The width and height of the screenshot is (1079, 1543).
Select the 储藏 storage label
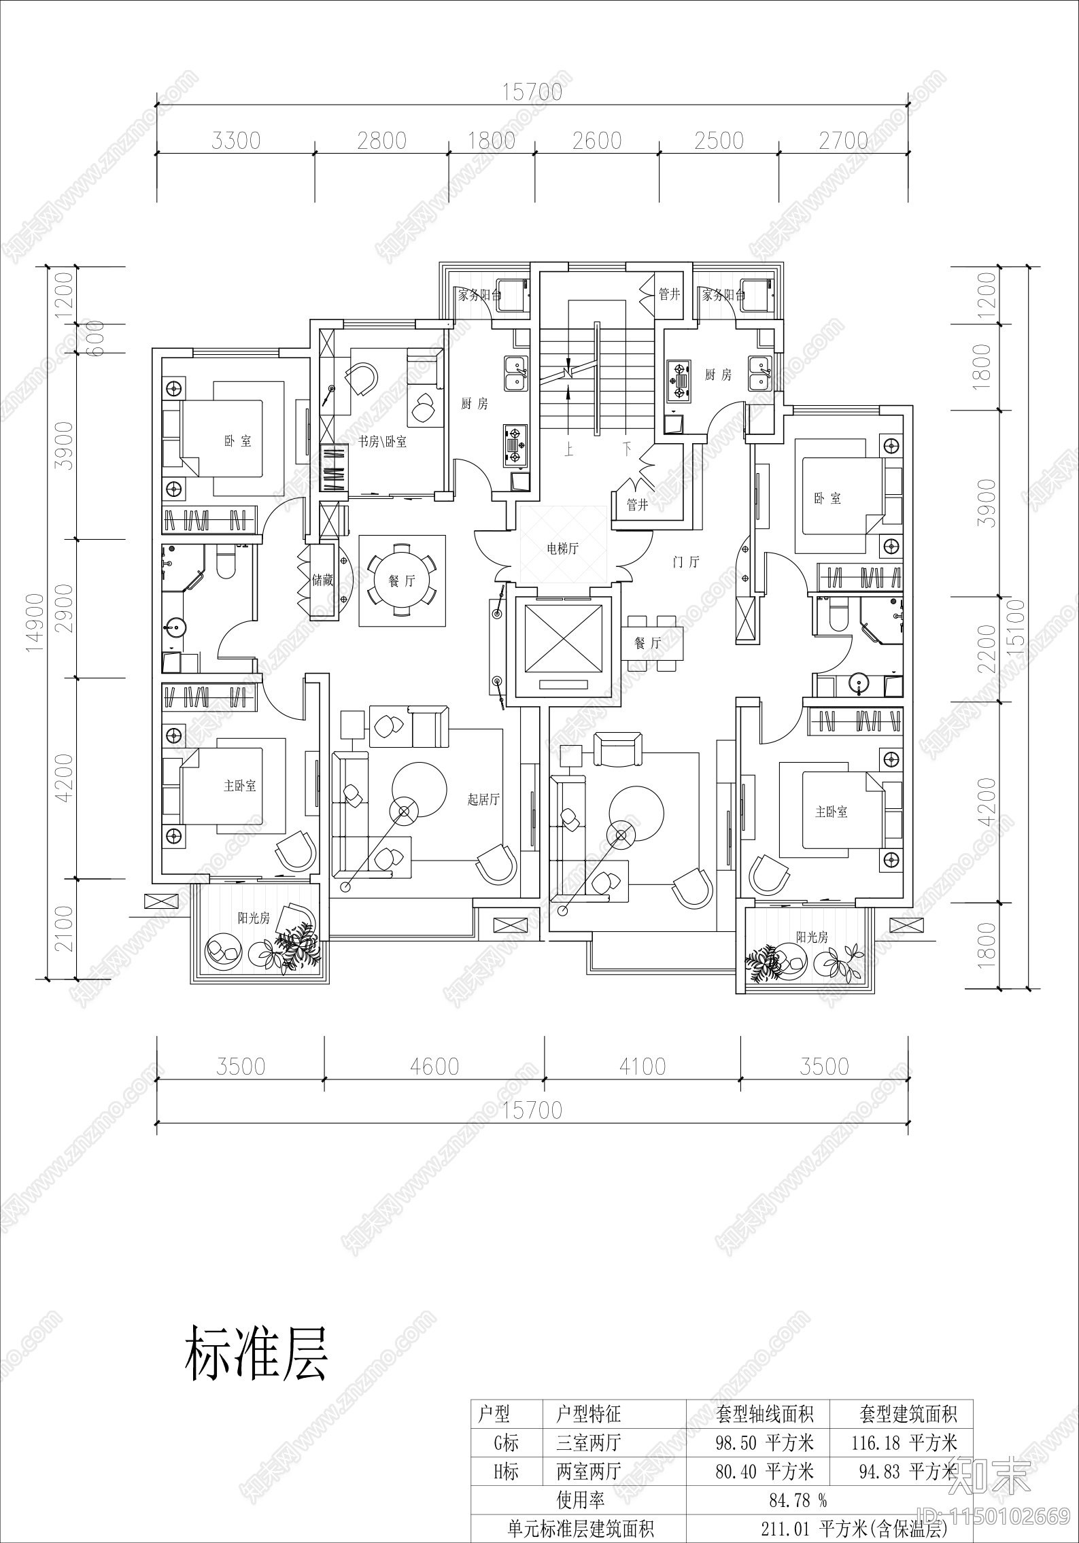point(322,580)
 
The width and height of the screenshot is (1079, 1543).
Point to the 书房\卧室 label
point(383,442)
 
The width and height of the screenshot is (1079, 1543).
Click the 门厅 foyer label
point(685,562)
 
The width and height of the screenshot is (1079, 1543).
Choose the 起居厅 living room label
point(483,799)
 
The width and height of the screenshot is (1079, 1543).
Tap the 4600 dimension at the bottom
point(434,1067)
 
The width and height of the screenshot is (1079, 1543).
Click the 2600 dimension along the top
point(597,141)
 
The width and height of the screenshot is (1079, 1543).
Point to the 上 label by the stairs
point(567,449)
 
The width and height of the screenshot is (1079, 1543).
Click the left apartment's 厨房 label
point(474,404)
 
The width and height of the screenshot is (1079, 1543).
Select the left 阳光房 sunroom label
point(254,918)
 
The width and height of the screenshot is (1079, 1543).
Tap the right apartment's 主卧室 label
point(831,812)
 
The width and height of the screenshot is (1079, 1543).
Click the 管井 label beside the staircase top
point(669,294)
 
